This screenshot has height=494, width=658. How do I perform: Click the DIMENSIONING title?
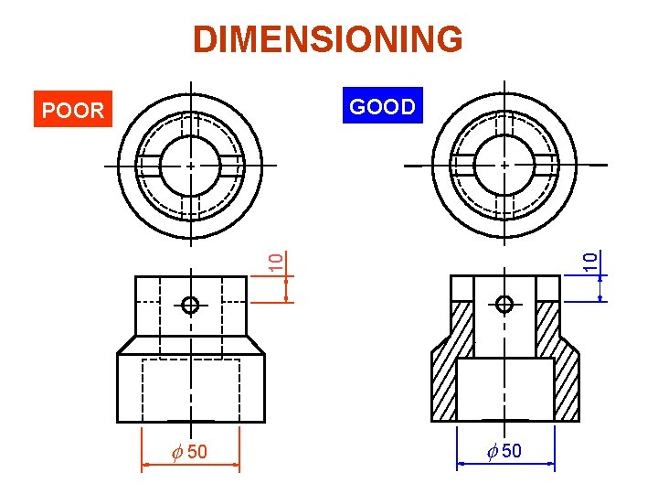(328, 39)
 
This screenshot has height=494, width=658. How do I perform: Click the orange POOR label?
(73, 111)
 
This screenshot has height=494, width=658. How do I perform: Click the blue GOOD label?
(382, 107)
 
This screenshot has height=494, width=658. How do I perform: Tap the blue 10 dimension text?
(591, 259)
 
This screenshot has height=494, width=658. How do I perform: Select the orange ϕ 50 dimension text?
(189, 451)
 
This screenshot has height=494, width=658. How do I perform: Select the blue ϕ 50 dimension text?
(504, 451)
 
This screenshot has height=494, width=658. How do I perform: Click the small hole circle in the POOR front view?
(190, 306)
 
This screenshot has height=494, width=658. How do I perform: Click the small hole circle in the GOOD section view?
(504, 304)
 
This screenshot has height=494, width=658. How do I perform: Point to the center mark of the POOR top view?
(190, 166)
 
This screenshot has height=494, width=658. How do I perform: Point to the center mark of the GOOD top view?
(504, 165)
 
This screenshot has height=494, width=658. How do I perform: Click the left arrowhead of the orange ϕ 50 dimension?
(145, 466)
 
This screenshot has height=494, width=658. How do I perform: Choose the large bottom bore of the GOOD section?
(504, 389)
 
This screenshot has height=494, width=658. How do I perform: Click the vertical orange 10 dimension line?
(287, 288)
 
